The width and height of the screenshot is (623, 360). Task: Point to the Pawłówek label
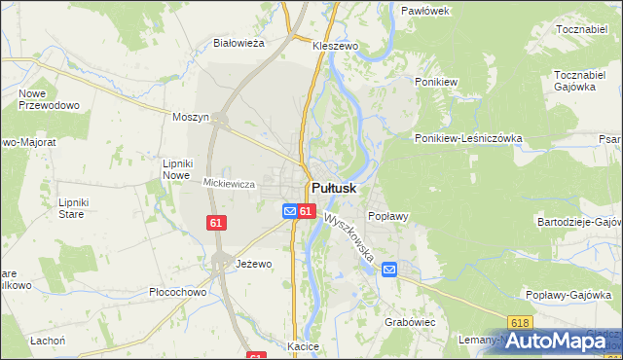pyautogui.click(x=424, y=11)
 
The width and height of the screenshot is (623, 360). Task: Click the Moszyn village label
pyautogui.click(x=191, y=117)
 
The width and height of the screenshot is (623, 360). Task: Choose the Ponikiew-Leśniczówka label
pyautogui.click(x=468, y=139)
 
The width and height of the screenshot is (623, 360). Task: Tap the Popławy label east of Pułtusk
pyautogui.click(x=386, y=216)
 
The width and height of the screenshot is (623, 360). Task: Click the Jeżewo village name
pyautogui.click(x=254, y=264)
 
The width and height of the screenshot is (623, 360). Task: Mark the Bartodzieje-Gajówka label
pyautogui.click(x=579, y=222)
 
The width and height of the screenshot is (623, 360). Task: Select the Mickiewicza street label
pyautogui.click(x=229, y=183)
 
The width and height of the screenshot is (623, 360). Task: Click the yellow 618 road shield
pyautogui.click(x=521, y=322)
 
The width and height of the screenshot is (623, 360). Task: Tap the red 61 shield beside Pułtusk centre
pyautogui.click(x=306, y=211)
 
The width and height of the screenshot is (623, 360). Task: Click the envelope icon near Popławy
pyautogui.click(x=389, y=270)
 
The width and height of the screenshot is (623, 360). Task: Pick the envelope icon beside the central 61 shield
pyautogui.click(x=289, y=211)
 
